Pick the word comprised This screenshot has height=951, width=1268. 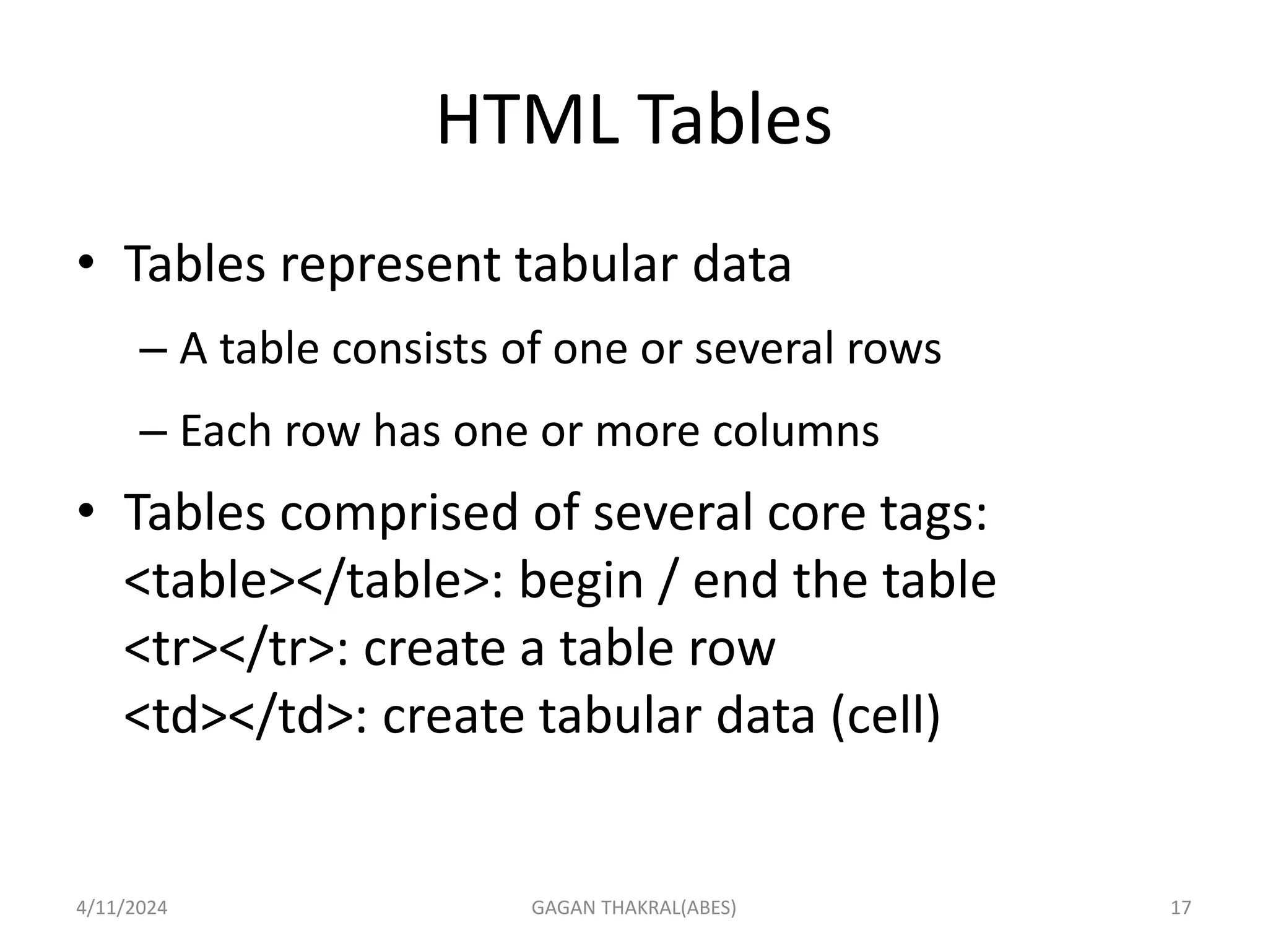[x=398, y=513]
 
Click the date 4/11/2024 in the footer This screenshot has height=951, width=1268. [x=121, y=908]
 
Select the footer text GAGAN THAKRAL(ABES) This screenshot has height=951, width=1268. [x=634, y=908]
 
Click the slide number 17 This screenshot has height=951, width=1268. [x=1181, y=908]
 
